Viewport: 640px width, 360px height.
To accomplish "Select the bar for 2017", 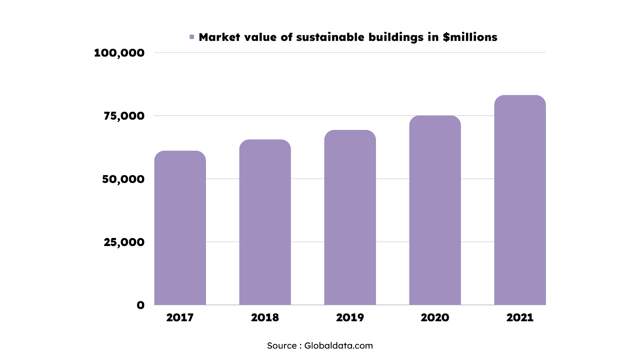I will tap(180, 228).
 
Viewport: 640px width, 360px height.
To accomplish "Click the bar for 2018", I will tap(265, 222).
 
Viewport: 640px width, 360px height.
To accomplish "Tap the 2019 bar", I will tap(350, 218).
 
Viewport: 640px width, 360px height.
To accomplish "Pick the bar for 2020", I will tap(435, 210).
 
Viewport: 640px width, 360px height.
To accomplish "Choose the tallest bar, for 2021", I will tap(520, 200).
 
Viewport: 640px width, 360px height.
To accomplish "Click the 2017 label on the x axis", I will tap(180, 318).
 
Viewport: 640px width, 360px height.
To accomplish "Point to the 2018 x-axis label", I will tap(265, 318).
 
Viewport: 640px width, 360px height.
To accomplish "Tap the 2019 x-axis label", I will tap(350, 318).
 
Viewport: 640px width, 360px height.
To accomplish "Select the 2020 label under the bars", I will tap(435, 318).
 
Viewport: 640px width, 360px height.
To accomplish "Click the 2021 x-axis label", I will tap(520, 318).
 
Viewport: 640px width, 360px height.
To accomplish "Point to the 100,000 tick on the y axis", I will tap(119, 53).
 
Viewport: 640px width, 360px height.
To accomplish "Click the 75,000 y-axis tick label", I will tap(124, 116).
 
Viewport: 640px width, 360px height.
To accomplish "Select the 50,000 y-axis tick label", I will tap(123, 179).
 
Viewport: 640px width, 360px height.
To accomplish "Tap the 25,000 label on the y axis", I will tap(124, 242).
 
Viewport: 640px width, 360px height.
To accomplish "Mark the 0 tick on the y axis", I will tap(140, 305).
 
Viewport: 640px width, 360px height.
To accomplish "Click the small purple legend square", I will tap(192, 37).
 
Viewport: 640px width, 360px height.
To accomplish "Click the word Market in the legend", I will tap(220, 37).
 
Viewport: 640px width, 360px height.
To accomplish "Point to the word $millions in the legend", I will tap(470, 37).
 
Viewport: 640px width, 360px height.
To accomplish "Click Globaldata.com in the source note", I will tap(338, 346).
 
